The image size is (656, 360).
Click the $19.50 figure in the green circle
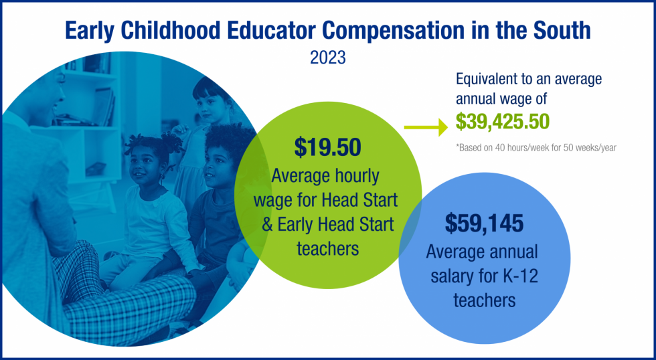[x=327, y=147]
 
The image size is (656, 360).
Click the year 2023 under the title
[x=327, y=58]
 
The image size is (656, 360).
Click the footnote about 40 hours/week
[x=536, y=147]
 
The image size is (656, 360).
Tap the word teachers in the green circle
[x=327, y=248]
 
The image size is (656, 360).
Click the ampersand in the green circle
[x=267, y=224]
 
